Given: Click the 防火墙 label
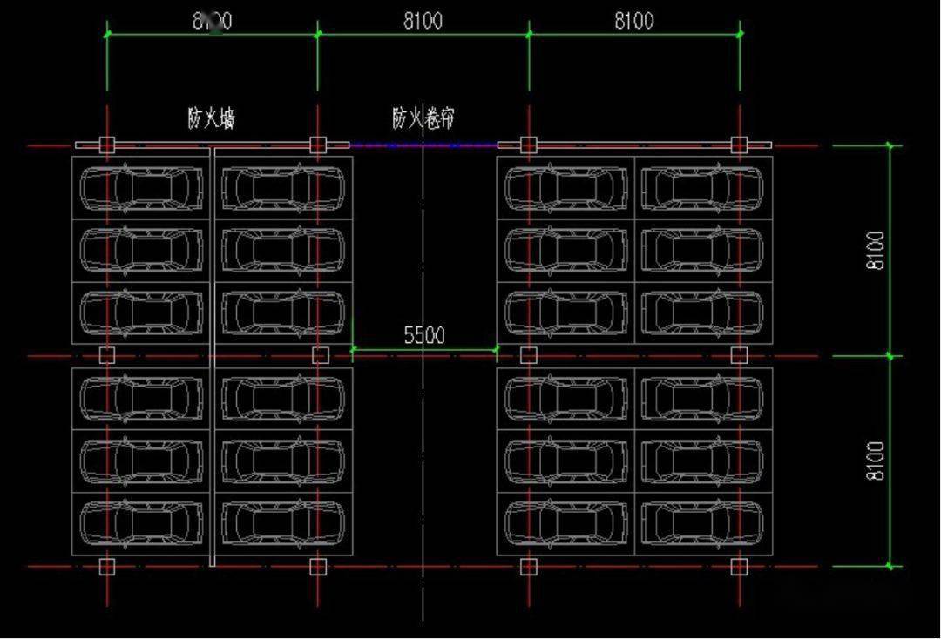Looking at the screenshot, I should (212, 118).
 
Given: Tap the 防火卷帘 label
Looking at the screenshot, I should (423, 118).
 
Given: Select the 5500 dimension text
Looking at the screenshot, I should (424, 335).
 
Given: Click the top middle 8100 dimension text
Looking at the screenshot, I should (423, 20).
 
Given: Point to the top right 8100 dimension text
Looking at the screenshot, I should (633, 20).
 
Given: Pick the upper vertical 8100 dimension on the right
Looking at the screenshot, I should (876, 251).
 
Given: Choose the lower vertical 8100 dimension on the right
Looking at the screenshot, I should (876, 461).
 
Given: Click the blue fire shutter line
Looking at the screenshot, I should (423, 145).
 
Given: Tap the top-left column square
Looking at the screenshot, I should (106, 145).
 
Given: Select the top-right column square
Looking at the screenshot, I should (739, 145).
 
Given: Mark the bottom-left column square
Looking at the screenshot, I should (106, 567).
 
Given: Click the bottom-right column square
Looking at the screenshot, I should (739, 567).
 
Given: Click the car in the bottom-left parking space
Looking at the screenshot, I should (141, 522).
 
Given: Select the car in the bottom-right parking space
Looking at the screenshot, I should (702, 522).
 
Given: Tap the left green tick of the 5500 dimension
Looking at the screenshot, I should (353, 349).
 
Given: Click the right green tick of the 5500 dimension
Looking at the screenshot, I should (497, 349).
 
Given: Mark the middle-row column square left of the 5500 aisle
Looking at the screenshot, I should (320, 355).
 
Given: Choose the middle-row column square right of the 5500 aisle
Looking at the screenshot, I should (528, 355).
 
